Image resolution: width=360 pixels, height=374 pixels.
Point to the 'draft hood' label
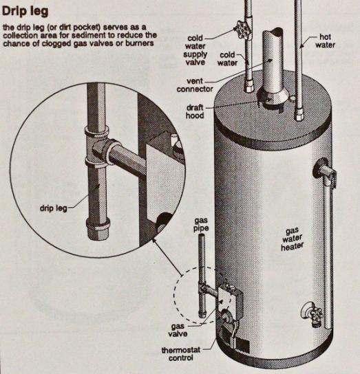pos(196,111)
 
